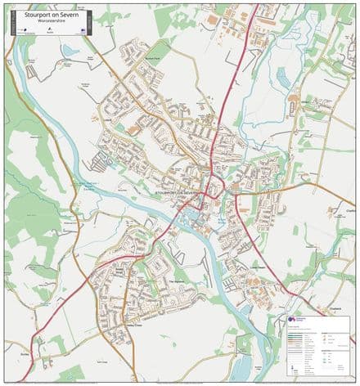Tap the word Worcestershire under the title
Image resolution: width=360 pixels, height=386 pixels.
pyautogui.click(x=49, y=20)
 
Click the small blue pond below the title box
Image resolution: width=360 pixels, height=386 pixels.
pyautogui.click(x=70, y=51)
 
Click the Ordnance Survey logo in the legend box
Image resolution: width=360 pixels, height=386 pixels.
pyautogui.click(x=295, y=321)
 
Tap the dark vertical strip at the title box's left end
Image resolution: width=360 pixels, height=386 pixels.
pyautogui.click(x=12, y=21)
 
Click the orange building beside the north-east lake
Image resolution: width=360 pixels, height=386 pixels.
pyautogui.click(x=293, y=99)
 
